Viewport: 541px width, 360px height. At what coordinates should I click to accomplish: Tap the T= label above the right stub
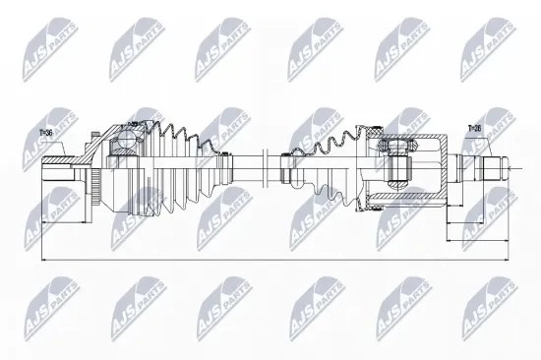(x=473, y=128)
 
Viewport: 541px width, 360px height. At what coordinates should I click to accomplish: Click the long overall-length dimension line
(x=275, y=259)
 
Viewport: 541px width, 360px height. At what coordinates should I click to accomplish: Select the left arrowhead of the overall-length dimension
(x=45, y=259)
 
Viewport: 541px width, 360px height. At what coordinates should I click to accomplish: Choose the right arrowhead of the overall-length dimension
(x=510, y=259)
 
